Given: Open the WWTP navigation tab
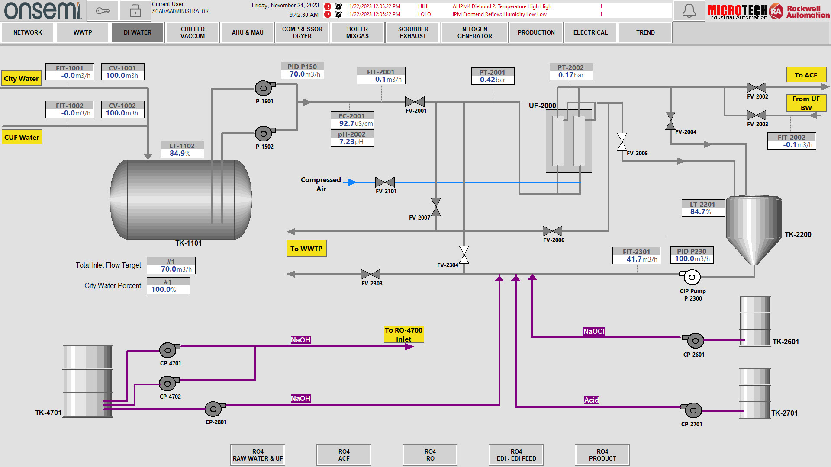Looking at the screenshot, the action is coord(83,32).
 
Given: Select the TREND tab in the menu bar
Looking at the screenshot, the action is coord(645,32).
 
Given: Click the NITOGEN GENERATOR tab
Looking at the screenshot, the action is coord(474,32).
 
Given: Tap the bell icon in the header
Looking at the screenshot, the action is coord(689,11).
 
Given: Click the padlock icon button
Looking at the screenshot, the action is coord(135,11).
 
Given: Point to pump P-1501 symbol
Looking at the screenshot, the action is coord(264,88).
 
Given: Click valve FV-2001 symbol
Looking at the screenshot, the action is coord(415,102).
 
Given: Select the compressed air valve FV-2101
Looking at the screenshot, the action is coord(385,182).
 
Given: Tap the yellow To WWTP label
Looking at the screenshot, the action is coord(306,249).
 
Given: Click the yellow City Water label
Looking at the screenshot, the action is coord(21,78).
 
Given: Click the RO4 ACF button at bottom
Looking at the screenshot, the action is coord(344,455).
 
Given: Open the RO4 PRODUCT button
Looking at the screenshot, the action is coord(602,455).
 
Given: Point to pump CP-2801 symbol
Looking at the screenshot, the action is coord(214,409).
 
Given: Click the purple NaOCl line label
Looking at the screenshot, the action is coord(594,331).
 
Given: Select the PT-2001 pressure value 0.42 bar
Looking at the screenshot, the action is coord(493,80).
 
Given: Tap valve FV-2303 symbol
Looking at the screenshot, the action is coord(370,274).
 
